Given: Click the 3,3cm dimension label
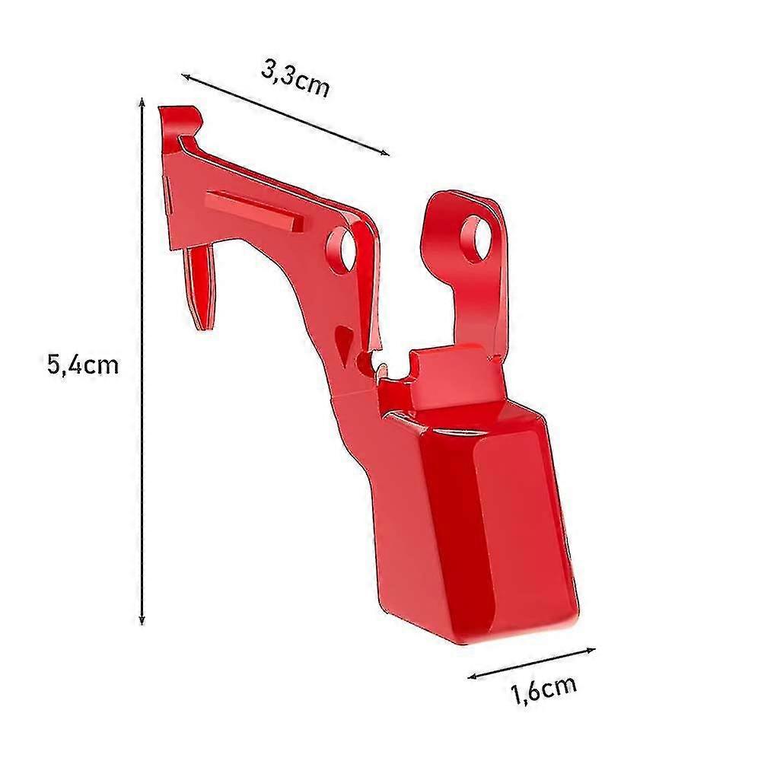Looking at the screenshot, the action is point(295,79).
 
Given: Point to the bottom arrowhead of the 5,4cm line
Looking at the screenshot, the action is point(142,619).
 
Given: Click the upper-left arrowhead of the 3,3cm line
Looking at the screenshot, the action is point(186,76).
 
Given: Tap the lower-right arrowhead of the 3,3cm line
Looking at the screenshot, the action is point(385,153).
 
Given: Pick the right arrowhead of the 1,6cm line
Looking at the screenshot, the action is point(591,650).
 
